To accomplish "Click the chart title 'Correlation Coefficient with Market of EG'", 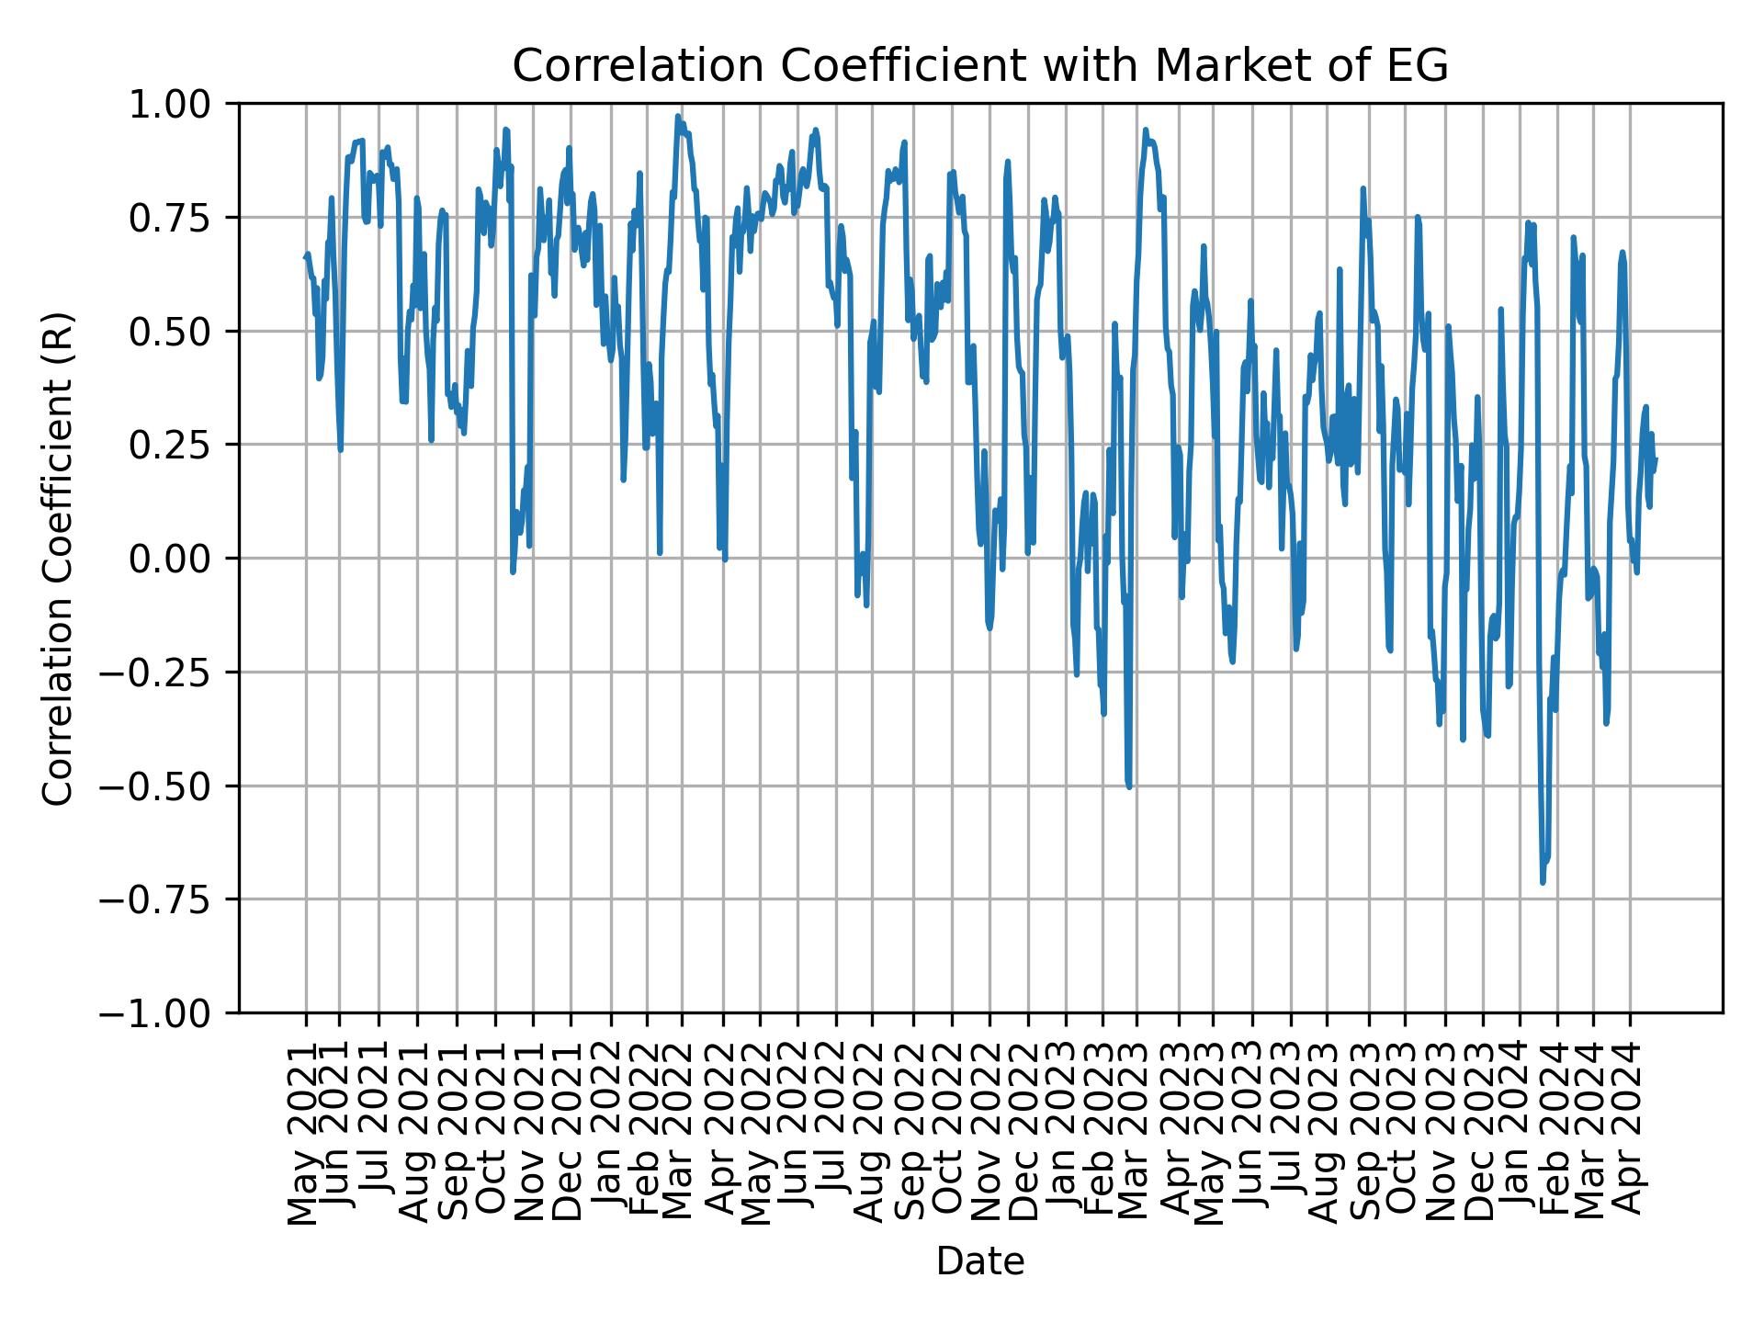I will click(979, 66).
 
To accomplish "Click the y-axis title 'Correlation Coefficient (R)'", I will click(58, 558).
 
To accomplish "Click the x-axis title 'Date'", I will click(979, 1261).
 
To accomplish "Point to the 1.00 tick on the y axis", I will click(182, 104).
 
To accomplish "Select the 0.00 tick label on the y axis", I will click(182, 559).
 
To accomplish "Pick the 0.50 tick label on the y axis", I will click(182, 332).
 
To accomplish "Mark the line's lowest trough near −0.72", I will click(1543, 883).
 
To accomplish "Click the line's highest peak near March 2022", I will click(678, 116).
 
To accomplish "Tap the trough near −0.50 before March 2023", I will click(1129, 786).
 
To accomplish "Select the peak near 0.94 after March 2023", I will click(1146, 130).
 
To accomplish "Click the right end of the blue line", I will click(1656, 458).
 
